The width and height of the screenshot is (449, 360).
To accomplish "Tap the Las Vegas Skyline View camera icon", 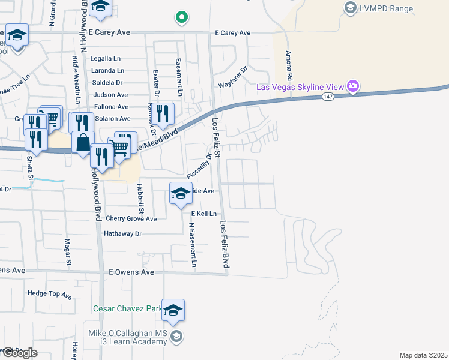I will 354,86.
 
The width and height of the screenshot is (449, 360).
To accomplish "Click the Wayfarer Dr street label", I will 232,85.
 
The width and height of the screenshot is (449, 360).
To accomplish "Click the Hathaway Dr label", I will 122,233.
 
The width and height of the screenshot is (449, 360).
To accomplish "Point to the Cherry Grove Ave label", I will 131,219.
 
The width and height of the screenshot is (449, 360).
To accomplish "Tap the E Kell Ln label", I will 203,214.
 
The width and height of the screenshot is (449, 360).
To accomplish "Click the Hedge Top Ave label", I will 49,294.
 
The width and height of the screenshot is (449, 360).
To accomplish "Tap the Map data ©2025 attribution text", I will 423,355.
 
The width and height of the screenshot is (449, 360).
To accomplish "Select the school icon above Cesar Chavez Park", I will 173,311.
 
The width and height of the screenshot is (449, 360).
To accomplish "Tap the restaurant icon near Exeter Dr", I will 162,112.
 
